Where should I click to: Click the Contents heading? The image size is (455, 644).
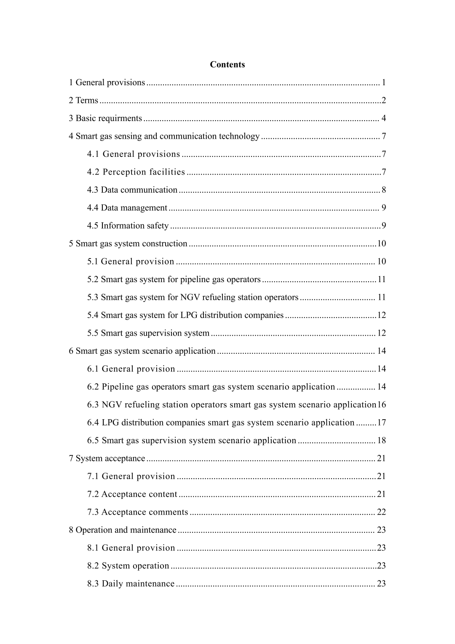(x=227, y=65)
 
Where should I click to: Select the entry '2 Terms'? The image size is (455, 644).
(x=83, y=100)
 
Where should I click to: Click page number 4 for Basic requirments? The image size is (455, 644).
(x=383, y=118)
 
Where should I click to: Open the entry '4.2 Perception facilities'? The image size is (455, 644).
(x=136, y=172)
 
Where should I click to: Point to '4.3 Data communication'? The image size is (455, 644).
(x=132, y=190)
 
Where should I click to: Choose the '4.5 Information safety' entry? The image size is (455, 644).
(x=128, y=226)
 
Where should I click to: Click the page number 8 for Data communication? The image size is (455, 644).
(x=383, y=190)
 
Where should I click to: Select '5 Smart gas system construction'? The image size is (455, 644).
(x=128, y=244)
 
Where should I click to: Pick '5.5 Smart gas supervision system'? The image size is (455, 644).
(x=148, y=333)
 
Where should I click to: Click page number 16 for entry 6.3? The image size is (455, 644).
(x=381, y=405)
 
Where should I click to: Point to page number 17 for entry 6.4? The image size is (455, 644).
(x=381, y=423)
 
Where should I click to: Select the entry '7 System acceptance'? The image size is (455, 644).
(x=107, y=458)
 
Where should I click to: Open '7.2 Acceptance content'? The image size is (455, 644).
(x=132, y=494)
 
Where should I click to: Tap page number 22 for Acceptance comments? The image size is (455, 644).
(x=381, y=512)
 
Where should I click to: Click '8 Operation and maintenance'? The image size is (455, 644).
(x=123, y=530)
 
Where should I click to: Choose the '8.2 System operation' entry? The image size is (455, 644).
(x=128, y=566)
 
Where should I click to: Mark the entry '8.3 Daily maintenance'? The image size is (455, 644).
(x=131, y=584)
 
